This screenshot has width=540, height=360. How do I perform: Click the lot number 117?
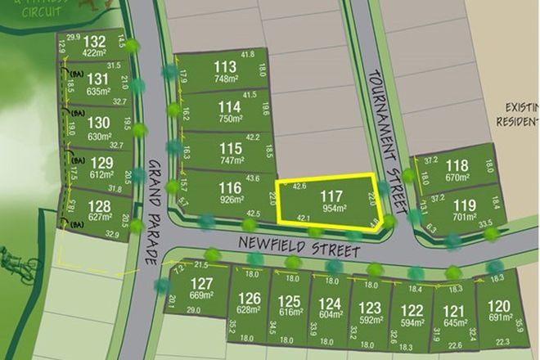point(331,196)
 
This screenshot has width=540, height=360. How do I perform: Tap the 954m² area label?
point(331,209)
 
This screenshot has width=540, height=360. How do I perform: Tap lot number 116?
point(230,188)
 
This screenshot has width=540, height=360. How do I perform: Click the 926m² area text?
point(231,201)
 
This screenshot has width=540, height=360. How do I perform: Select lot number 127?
point(200,282)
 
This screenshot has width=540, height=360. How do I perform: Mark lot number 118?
point(457,165)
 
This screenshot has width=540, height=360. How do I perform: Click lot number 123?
point(370,308)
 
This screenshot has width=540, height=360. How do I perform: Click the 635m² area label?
point(99,91)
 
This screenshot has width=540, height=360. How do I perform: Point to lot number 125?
point(290,301)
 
